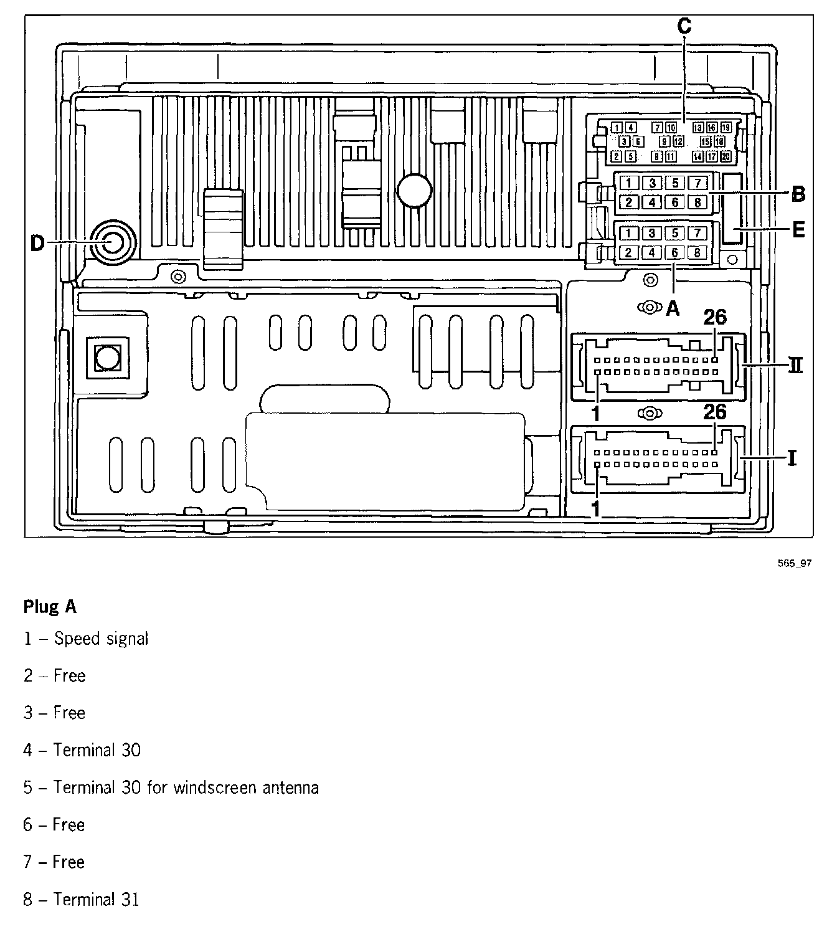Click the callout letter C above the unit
click(x=684, y=27)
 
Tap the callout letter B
click(x=798, y=195)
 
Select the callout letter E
click(x=798, y=230)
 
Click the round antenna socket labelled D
click(x=112, y=242)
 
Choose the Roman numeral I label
click(x=792, y=459)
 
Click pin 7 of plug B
click(x=697, y=183)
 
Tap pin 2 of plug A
click(x=629, y=252)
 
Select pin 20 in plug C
click(x=726, y=157)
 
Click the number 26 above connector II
click(x=715, y=318)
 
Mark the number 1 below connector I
click(x=595, y=508)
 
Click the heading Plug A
click(x=50, y=607)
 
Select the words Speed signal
click(x=102, y=639)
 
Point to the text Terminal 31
click(x=96, y=899)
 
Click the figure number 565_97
click(x=795, y=563)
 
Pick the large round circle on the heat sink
click(x=414, y=190)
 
